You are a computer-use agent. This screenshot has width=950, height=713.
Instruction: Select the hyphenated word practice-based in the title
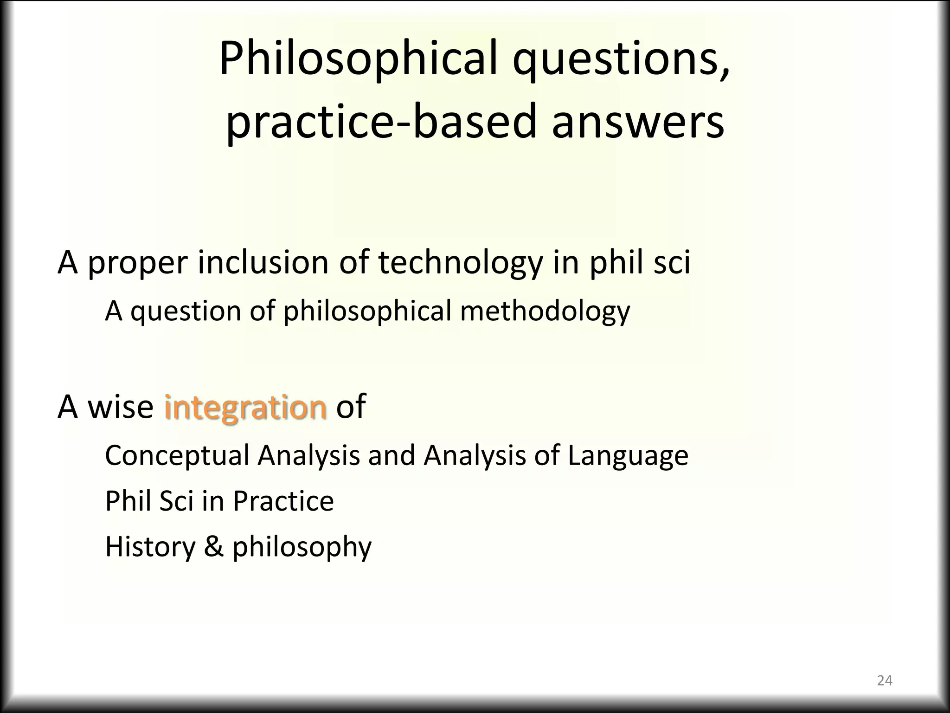pyautogui.click(x=380, y=122)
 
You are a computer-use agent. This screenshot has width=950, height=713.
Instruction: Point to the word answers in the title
pyautogui.click(x=637, y=122)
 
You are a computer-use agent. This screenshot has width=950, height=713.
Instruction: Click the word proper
pyautogui.click(x=137, y=263)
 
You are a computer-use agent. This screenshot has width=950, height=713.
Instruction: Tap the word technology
pyautogui.click(x=460, y=263)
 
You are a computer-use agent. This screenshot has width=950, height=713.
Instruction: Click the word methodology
pyautogui.click(x=545, y=311)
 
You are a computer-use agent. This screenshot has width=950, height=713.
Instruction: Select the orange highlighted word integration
pyautogui.click(x=245, y=407)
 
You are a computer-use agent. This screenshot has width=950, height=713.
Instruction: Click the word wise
pyautogui.click(x=121, y=407)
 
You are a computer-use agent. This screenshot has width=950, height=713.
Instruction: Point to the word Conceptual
pyautogui.click(x=177, y=456)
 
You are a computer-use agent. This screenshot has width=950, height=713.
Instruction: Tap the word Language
pyautogui.click(x=628, y=456)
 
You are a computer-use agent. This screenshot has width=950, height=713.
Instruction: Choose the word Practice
pyautogui.click(x=283, y=501)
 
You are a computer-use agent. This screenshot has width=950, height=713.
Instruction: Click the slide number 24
pyautogui.click(x=885, y=681)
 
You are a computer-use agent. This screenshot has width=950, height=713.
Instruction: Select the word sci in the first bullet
pyautogui.click(x=672, y=262)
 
